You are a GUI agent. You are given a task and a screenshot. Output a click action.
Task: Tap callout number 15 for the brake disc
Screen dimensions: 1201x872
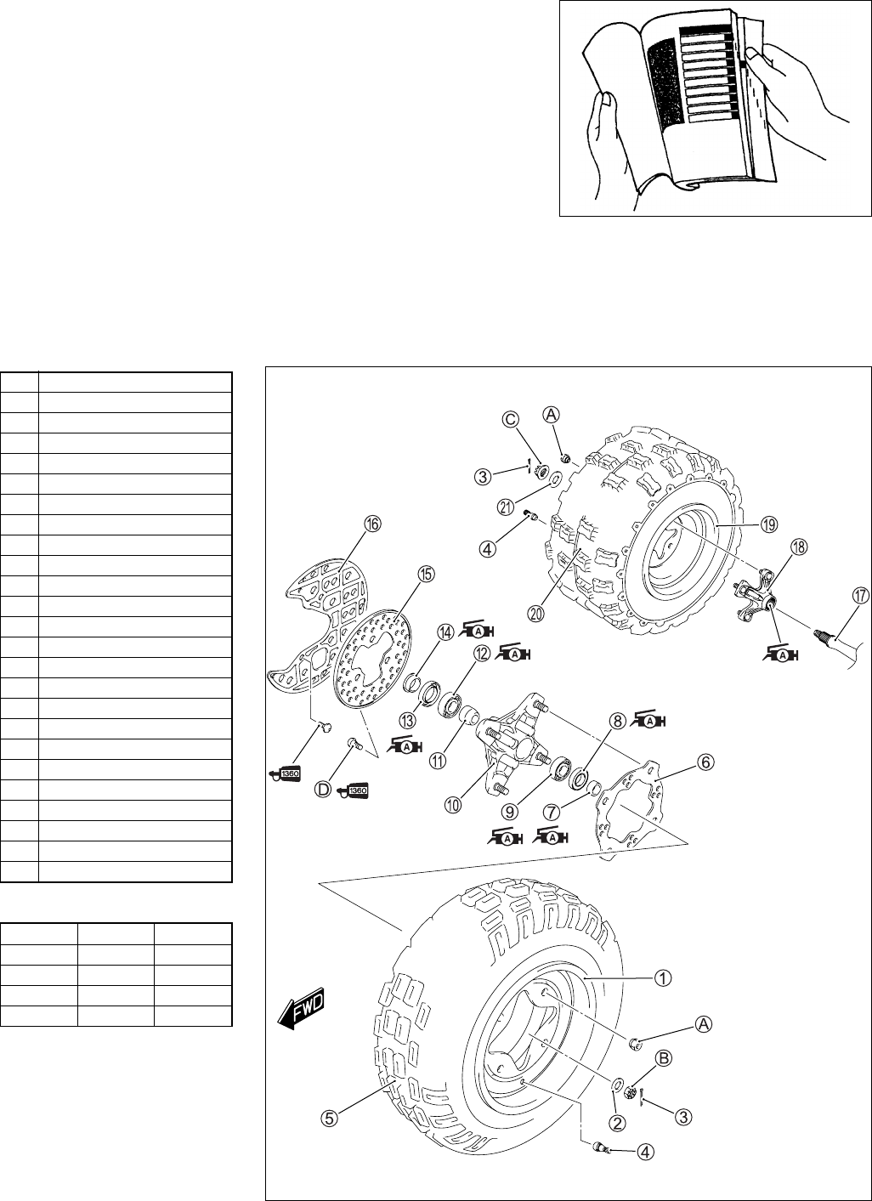pyautogui.click(x=424, y=575)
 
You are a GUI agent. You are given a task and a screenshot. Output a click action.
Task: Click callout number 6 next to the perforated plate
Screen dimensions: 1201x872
pyautogui.click(x=705, y=763)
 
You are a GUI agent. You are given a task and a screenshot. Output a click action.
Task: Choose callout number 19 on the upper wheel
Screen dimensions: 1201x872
pyautogui.click(x=768, y=525)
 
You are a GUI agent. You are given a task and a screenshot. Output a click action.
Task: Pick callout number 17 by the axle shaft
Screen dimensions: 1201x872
pyautogui.click(x=860, y=596)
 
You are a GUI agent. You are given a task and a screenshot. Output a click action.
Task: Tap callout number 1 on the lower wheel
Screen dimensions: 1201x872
pyautogui.click(x=661, y=977)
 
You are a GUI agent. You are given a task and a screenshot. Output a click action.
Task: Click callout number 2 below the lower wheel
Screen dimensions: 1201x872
pyautogui.click(x=618, y=1122)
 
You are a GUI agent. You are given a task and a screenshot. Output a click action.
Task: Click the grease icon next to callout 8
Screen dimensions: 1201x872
pyautogui.click(x=650, y=721)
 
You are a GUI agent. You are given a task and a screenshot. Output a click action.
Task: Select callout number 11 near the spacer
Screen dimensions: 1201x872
pyautogui.click(x=437, y=762)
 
